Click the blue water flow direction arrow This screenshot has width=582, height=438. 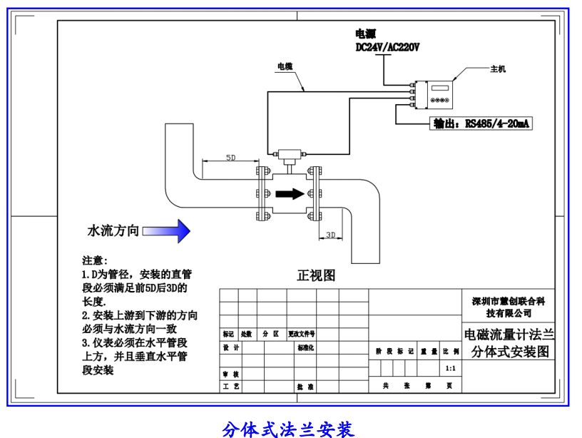click(167, 231)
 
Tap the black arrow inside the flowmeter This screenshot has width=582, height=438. click(287, 193)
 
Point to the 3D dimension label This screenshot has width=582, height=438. click(330, 233)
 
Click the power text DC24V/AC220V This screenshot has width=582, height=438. click(388, 47)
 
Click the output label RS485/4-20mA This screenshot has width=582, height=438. click(481, 123)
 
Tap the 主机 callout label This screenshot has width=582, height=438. click(497, 69)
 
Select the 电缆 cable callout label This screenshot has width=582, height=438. click(285, 66)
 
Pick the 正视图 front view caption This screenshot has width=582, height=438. click(316, 275)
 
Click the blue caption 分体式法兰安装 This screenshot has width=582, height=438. click(288, 429)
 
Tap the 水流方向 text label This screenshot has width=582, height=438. click(113, 231)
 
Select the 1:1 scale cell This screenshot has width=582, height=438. click(450, 369)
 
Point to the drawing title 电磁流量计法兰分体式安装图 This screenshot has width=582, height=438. click(508, 342)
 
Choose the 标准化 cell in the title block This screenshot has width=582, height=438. click(305, 348)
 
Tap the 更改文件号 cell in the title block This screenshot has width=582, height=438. click(302, 333)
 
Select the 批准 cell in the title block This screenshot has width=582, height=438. click(305, 387)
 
